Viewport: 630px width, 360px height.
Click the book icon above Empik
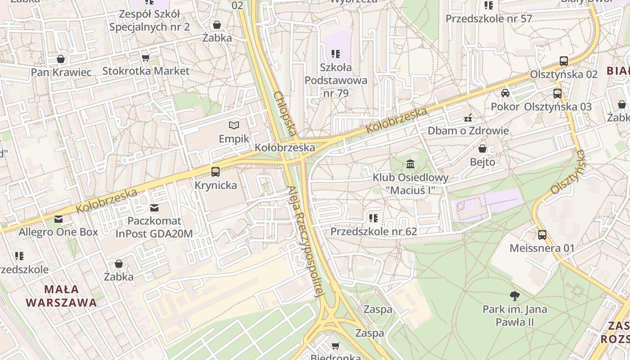(234, 125)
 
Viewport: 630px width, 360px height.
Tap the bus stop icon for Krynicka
(216, 171)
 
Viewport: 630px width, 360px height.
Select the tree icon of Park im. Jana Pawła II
(515, 296)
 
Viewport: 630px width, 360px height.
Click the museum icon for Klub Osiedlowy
(410, 164)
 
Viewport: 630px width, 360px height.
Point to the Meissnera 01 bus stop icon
(542, 234)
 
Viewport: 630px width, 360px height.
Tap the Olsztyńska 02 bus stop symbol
(564, 61)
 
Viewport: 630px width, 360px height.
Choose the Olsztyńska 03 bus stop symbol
(558, 93)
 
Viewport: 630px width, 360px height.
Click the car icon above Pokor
(505, 93)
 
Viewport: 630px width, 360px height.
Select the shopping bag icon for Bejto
(482, 148)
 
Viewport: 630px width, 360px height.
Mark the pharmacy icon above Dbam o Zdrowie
(468, 118)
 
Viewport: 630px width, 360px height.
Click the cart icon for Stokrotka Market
(145, 58)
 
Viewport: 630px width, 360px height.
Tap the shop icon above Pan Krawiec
(61, 59)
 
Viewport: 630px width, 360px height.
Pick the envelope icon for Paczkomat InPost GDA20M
(154, 207)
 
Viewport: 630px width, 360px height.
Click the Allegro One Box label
(58, 232)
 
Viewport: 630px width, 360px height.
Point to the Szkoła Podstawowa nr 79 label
(336, 81)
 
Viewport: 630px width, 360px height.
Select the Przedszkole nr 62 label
(373, 231)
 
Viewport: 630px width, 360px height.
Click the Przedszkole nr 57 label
(489, 18)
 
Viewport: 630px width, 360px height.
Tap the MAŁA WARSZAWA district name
(62, 296)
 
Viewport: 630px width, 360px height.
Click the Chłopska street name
(285, 113)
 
